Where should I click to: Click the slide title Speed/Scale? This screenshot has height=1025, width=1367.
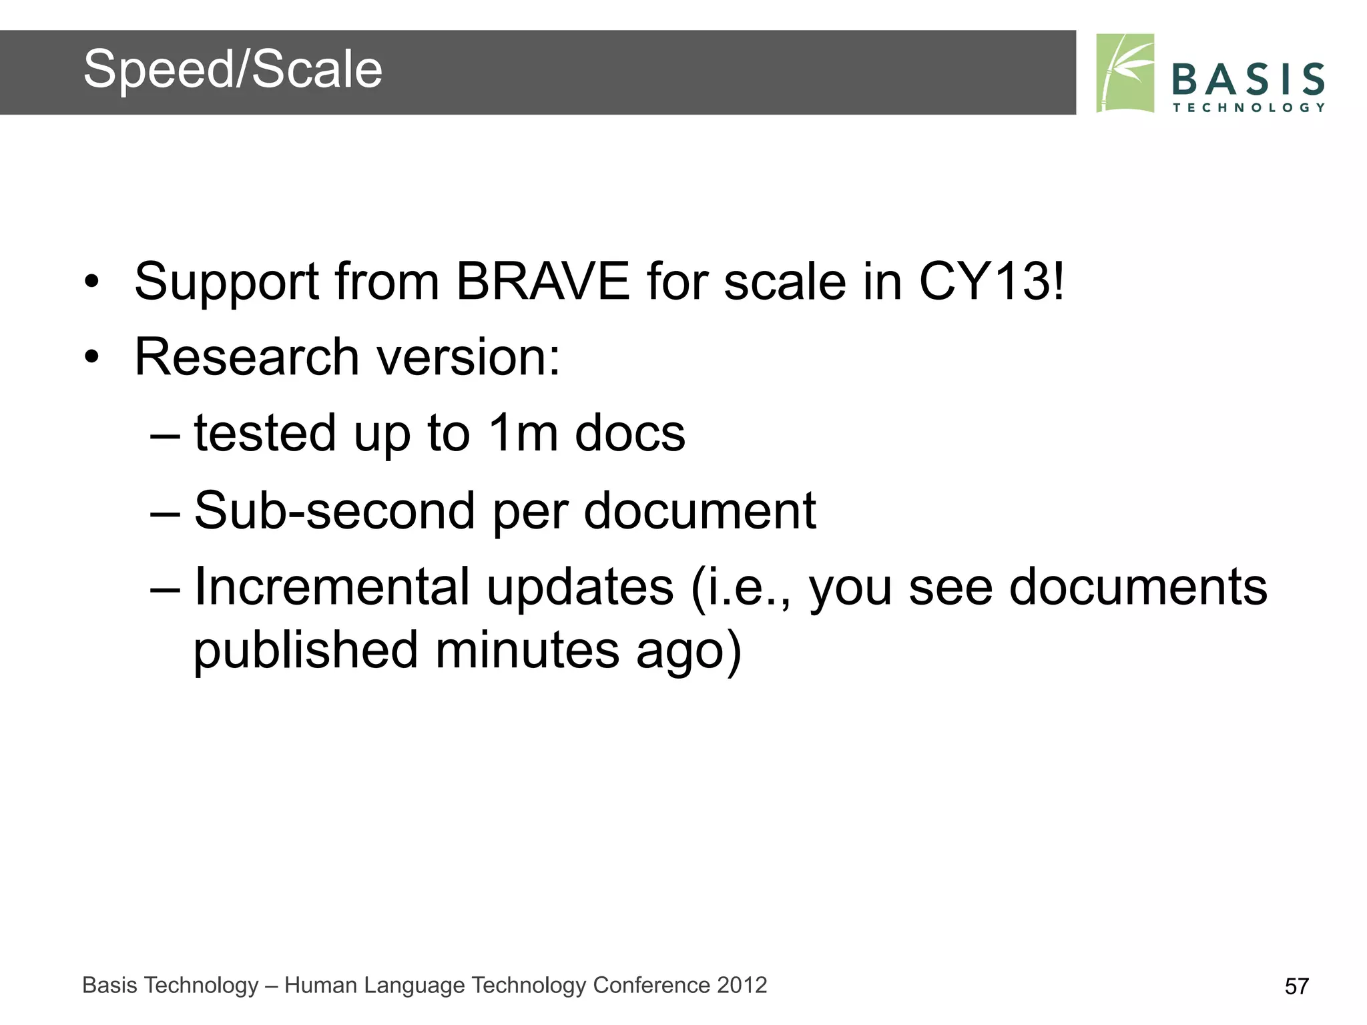point(232,69)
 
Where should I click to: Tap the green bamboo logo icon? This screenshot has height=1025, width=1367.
point(1125,73)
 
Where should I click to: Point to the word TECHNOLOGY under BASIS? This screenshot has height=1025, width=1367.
point(1248,107)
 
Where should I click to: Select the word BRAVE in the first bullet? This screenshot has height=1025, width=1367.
point(542,282)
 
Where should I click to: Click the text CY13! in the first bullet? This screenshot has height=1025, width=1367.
point(991,282)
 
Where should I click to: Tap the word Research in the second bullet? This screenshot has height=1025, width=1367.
point(247,357)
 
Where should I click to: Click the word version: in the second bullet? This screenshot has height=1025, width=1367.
point(469,357)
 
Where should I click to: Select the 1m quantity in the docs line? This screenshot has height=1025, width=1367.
point(523,433)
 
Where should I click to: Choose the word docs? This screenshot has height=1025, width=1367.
point(630,433)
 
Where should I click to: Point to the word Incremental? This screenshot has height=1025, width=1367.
point(332,587)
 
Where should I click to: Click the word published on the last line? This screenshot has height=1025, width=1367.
point(305,651)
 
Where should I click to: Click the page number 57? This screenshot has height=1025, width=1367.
point(1296,986)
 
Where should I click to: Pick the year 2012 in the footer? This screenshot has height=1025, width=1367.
point(742,985)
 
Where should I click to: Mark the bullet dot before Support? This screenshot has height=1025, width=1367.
point(91,282)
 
